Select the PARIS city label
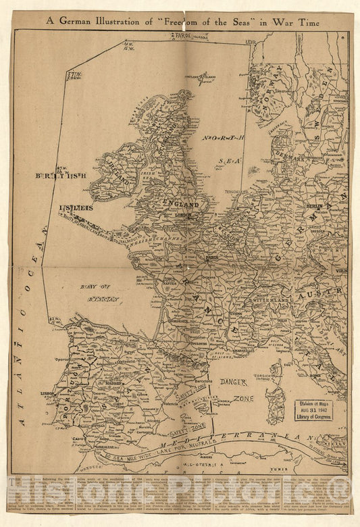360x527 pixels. (x=214, y=257)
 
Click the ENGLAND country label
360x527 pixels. (x=180, y=204)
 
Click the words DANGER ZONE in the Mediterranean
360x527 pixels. (x=236, y=390)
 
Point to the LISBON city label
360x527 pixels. (x=47, y=393)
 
